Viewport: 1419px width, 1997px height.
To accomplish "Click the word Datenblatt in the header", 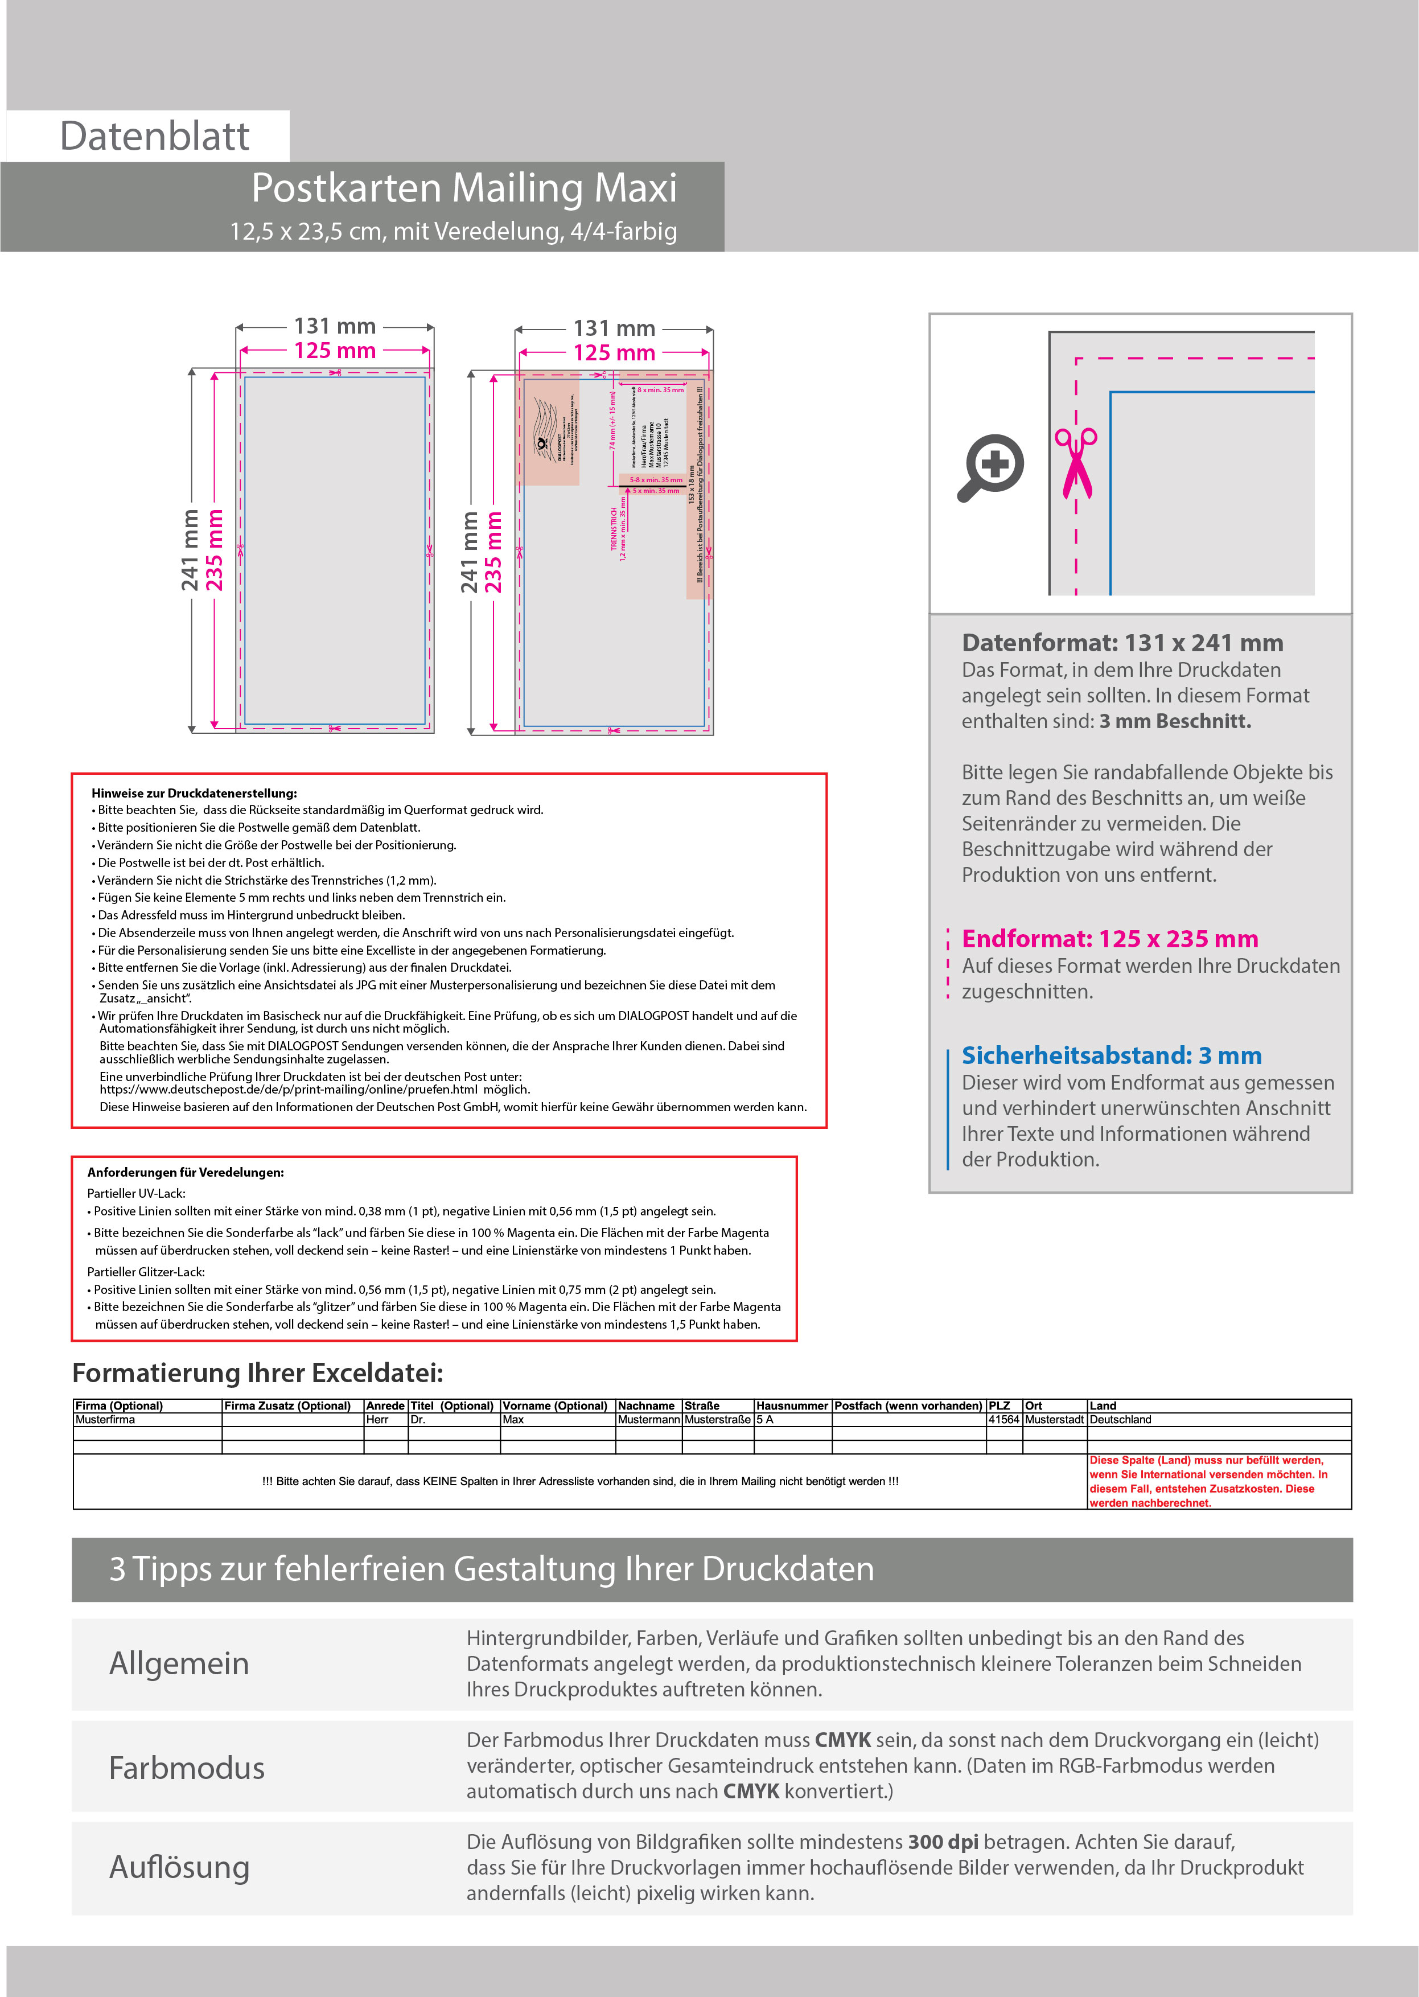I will (155, 136).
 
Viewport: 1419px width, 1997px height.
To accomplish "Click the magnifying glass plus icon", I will (991, 466).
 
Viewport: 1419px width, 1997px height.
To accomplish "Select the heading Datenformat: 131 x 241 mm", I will (1122, 643).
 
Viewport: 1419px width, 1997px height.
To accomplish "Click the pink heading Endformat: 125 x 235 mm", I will (1110, 939).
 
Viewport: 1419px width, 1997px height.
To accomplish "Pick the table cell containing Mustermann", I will (648, 1419).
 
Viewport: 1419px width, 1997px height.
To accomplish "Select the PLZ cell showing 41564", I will (1004, 1419).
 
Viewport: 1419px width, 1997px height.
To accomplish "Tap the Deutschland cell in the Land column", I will (1120, 1419).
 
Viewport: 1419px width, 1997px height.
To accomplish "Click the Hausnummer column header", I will (792, 1406).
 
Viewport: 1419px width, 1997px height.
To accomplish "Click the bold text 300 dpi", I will (943, 1842).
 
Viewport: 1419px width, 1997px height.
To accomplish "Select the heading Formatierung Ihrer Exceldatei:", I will (258, 1373).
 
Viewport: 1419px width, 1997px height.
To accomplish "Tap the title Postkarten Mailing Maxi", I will (464, 188).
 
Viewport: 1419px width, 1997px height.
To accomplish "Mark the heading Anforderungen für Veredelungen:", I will (185, 1172).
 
